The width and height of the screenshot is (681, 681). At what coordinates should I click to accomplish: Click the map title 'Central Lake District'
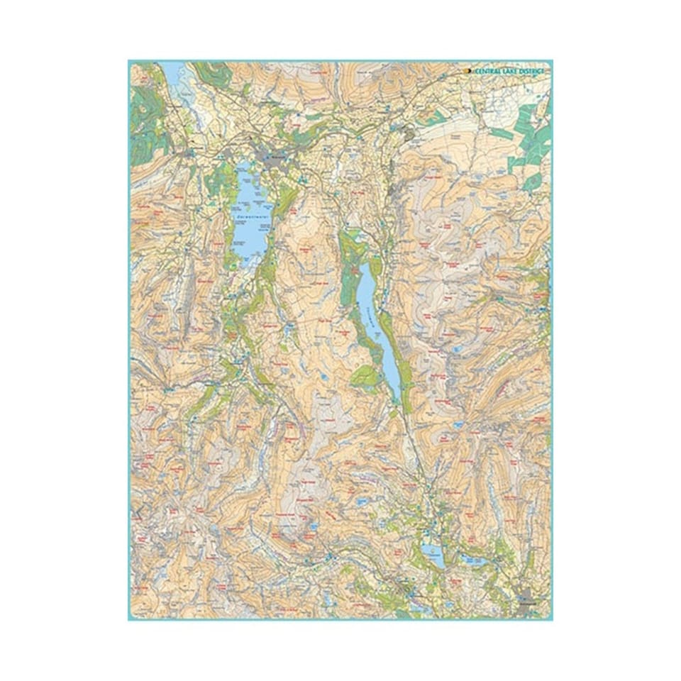(x=509, y=71)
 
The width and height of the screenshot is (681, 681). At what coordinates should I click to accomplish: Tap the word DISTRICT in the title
(x=531, y=71)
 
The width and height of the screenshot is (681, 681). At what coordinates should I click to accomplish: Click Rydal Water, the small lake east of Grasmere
(x=470, y=560)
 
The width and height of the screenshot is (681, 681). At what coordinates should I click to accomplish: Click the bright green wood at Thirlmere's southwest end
(x=365, y=377)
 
